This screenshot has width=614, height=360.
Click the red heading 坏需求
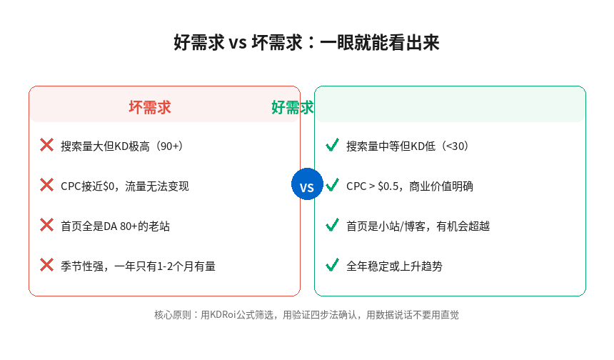(150, 107)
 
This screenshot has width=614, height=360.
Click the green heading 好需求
(293, 107)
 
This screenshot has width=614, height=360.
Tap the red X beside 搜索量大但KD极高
(47, 145)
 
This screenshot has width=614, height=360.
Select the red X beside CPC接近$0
(47, 185)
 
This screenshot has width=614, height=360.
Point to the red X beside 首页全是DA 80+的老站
(47, 225)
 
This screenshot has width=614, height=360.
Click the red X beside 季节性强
(47, 265)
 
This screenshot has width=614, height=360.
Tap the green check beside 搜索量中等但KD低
(332, 145)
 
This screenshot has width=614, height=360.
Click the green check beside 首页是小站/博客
(332, 225)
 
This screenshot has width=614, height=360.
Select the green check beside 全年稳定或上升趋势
(332, 265)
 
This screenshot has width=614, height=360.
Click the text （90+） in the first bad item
(169, 146)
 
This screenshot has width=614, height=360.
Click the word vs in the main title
(237, 43)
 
